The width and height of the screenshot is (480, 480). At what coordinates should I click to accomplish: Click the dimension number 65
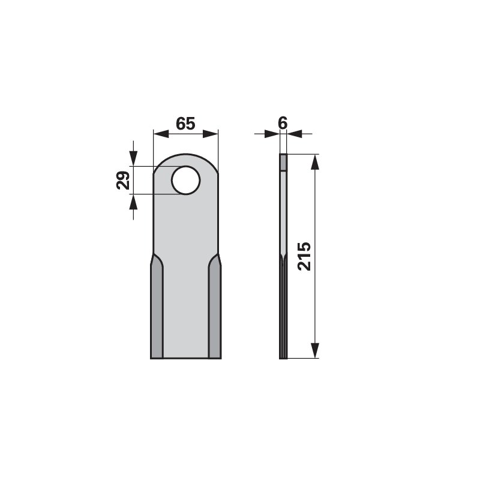coord(185,124)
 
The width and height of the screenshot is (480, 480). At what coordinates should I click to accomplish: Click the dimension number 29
coord(123,180)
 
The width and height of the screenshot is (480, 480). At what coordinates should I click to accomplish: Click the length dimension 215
coord(304,256)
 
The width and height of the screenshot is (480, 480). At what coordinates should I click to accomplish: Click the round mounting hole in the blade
coord(184,180)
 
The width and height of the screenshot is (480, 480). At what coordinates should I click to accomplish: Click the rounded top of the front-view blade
coord(185,154)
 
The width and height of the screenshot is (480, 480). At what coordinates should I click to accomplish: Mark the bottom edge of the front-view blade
coord(185,358)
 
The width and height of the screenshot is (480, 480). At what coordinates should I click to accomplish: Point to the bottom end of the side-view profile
coord(284,358)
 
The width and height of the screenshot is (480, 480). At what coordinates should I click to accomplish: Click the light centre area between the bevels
coord(185,300)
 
